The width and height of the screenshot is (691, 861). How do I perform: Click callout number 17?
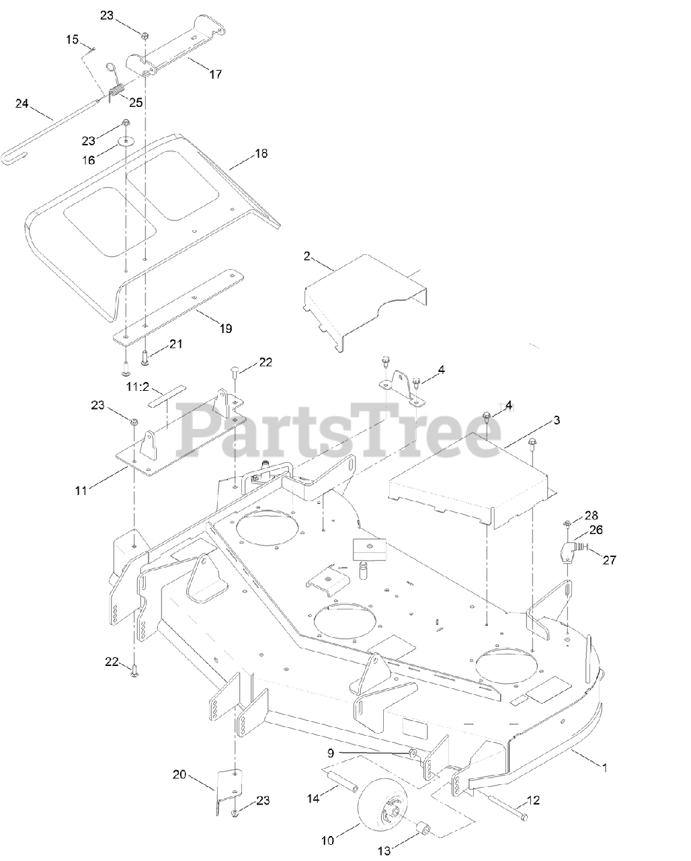[215, 75]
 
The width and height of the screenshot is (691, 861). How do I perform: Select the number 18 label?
[260, 153]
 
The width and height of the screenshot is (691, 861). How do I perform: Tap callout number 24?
[22, 104]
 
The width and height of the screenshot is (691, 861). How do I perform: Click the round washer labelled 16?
[126, 141]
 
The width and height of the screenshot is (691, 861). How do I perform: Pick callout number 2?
[307, 256]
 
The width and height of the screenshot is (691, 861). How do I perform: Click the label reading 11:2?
[137, 388]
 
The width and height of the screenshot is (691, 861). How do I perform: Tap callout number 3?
[556, 420]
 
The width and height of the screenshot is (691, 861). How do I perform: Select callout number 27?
[609, 559]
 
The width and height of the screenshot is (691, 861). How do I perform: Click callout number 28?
[590, 515]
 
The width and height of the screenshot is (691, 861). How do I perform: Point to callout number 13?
[383, 851]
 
